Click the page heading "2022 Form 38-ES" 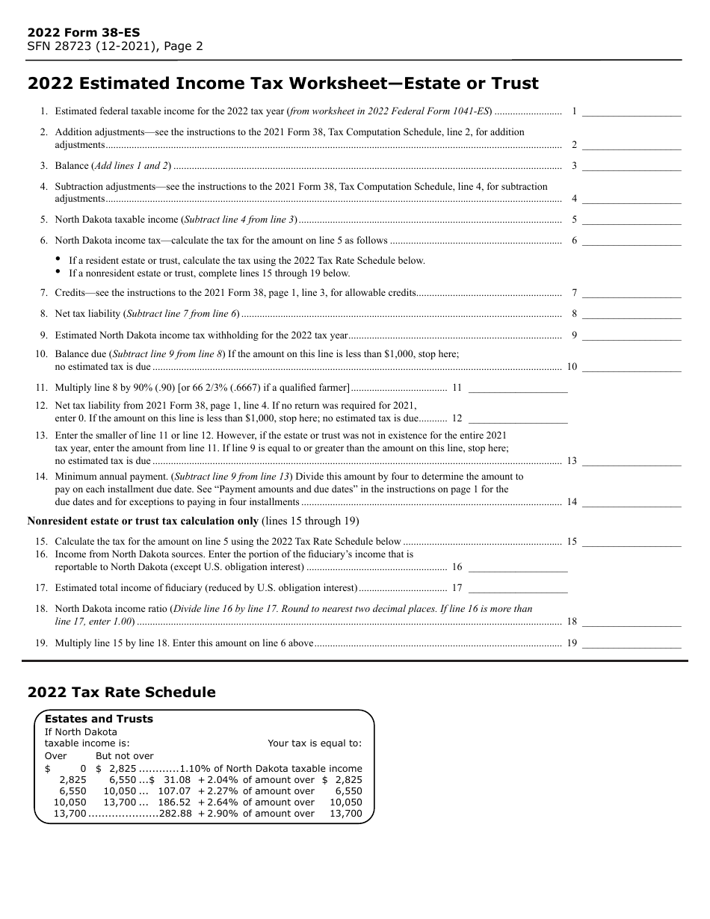[83, 33]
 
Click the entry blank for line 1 [632, 111]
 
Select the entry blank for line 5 [632, 220]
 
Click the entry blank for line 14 [632, 502]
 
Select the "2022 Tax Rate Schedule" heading [121, 693]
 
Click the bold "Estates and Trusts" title [99, 719]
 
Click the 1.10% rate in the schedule [195, 769]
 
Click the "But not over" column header [124, 756]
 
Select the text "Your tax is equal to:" [315, 743]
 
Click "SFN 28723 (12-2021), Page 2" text [115, 46]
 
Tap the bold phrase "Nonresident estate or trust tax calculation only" [143, 521]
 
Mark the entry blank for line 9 [632, 335]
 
